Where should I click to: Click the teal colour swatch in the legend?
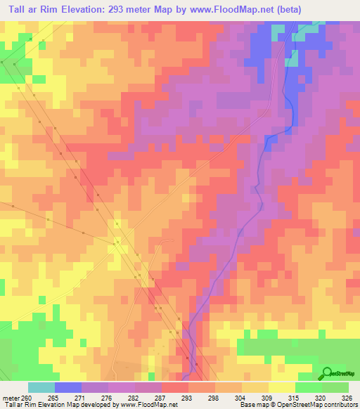[41, 387]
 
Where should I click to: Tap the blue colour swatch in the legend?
[68, 387]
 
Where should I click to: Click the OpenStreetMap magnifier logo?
[326, 373]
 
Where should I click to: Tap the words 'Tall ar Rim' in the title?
[33, 9]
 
